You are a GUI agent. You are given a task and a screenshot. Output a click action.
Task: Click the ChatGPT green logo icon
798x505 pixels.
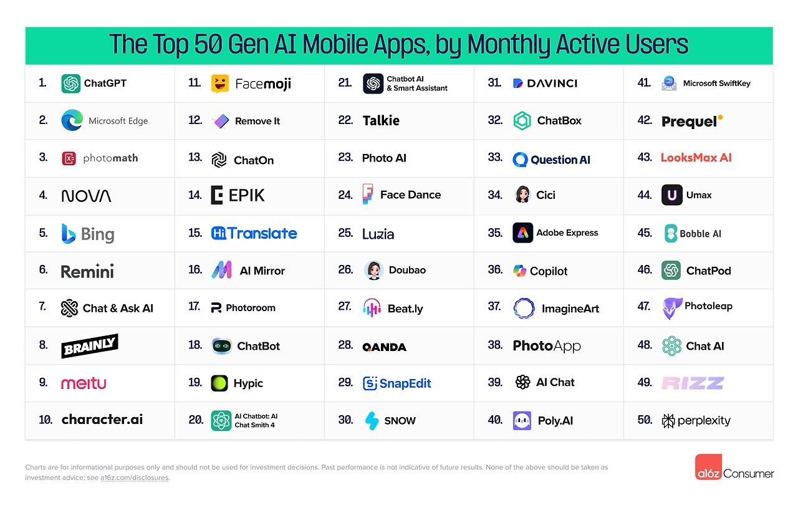71,84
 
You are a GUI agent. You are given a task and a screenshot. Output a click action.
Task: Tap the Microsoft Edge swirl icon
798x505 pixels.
72,120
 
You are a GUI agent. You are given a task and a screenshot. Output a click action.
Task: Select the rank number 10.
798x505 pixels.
46,420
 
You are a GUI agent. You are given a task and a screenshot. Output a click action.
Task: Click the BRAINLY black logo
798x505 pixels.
90,346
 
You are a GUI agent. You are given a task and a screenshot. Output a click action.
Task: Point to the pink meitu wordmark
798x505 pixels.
84,383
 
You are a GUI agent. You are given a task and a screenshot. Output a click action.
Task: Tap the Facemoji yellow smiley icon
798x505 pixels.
219,84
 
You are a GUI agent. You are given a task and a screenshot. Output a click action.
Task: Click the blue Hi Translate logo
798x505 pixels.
254,233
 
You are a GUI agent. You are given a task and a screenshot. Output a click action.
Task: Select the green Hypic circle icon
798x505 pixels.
219,383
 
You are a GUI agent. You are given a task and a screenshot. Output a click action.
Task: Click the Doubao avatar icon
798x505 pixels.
373,270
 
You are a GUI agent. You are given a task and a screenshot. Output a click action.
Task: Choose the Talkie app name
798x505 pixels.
381,120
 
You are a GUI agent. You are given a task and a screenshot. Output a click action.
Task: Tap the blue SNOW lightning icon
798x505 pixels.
372,420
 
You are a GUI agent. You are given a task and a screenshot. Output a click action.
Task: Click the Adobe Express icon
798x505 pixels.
522,233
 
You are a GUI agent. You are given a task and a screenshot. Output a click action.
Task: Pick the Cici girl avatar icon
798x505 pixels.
522,195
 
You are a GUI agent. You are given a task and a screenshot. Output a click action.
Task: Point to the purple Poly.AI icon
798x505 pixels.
522,420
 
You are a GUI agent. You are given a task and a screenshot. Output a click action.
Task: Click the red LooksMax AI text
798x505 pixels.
696,158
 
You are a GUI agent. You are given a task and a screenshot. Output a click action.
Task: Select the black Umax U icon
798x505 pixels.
671,195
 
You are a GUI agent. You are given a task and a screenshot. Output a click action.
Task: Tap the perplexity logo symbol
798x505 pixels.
668,420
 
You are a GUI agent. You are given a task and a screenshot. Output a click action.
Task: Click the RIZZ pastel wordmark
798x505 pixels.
693,383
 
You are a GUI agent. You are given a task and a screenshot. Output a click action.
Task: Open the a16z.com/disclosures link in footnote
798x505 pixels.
135,478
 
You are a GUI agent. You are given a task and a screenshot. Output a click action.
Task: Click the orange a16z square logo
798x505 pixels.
708,467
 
